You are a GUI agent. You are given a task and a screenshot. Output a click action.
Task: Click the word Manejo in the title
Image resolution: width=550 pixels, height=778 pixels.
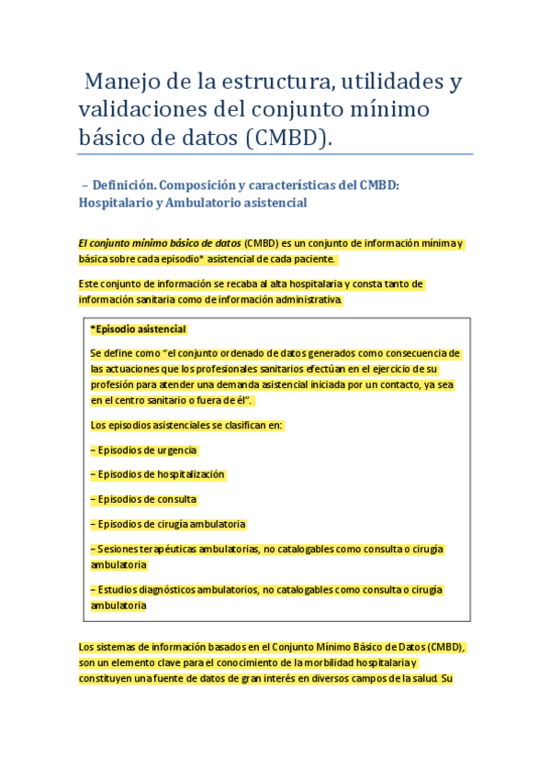pos(117,83)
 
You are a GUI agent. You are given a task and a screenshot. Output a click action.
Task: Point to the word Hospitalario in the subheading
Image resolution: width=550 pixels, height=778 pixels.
pos(114,202)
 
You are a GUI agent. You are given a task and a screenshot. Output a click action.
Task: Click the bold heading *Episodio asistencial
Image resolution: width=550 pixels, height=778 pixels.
pos(139,328)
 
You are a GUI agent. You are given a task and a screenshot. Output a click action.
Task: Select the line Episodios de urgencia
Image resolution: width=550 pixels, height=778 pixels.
pos(144,450)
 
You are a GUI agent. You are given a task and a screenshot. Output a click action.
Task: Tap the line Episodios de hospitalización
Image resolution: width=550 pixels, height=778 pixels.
pos(158,474)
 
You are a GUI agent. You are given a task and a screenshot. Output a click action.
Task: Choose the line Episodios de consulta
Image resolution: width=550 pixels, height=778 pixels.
pos(144,499)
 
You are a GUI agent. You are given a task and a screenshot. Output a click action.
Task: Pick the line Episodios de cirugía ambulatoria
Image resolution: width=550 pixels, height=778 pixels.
pos(168,524)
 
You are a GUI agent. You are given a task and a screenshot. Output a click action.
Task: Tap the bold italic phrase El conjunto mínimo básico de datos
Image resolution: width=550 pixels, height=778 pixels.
pos(160,243)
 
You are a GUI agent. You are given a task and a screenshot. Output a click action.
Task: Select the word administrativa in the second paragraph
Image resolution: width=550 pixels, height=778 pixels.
pos(310,299)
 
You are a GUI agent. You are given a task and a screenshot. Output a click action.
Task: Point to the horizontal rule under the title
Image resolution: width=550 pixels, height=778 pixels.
pos(275,154)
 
